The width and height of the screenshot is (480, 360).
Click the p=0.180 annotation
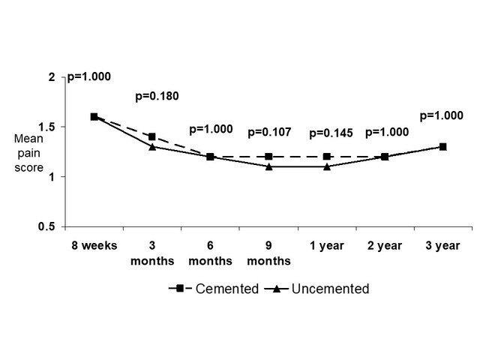coord(157,96)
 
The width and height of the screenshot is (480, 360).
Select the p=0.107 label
coord(271,132)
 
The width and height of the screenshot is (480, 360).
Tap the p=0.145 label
coord(331,133)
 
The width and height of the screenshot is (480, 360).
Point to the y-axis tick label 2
coord(51,77)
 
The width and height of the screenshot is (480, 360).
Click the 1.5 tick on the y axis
coord(47,127)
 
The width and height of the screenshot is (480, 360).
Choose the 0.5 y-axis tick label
coord(47,226)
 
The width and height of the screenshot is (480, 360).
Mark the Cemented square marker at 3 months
coord(152,136)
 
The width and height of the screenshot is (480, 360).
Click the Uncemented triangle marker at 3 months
coord(152,146)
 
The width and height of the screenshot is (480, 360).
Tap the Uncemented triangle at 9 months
coord(268,166)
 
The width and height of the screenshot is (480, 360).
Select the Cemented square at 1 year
coord(327,157)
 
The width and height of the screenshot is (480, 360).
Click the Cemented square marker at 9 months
coord(268,157)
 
